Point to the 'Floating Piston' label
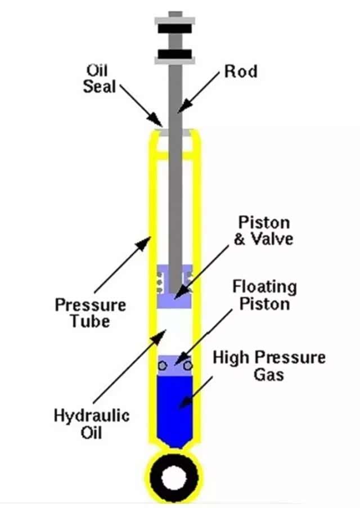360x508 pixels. tap(264, 295)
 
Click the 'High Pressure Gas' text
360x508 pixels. tap(269, 365)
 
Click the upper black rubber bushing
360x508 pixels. tap(175, 28)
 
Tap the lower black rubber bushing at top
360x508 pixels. tap(175, 55)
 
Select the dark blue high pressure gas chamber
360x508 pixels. tap(175, 408)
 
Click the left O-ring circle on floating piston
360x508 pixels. tap(163, 366)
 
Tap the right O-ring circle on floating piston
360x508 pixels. tap(188, 366)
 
